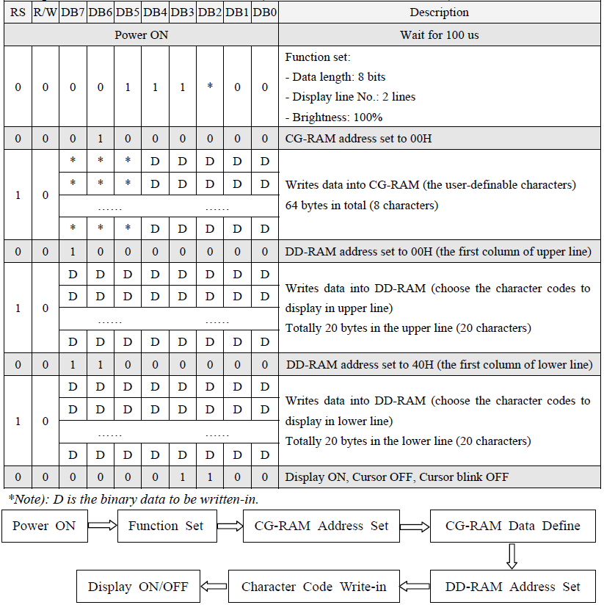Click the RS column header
(x=18, y=12)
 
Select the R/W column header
(x=45, y=12)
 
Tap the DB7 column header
(x=73, y=12)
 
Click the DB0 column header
(x=265, y=12)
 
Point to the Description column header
(x=439, y=12)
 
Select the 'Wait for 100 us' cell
(x=439, y=35)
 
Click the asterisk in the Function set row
(x=210, y=87)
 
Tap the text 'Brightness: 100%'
(x=334, y=117)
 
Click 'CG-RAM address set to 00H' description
(x=358, y=139)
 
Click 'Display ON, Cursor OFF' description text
(x=396, y=477)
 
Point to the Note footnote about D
(x=133, y=499)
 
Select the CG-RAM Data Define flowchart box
(x=513, y=526)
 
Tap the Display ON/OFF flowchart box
(x=138, y=587)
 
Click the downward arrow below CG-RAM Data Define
(x=513, y=556)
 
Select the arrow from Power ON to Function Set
(x=102, y=526)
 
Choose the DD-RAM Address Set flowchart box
(x=513, y=587)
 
